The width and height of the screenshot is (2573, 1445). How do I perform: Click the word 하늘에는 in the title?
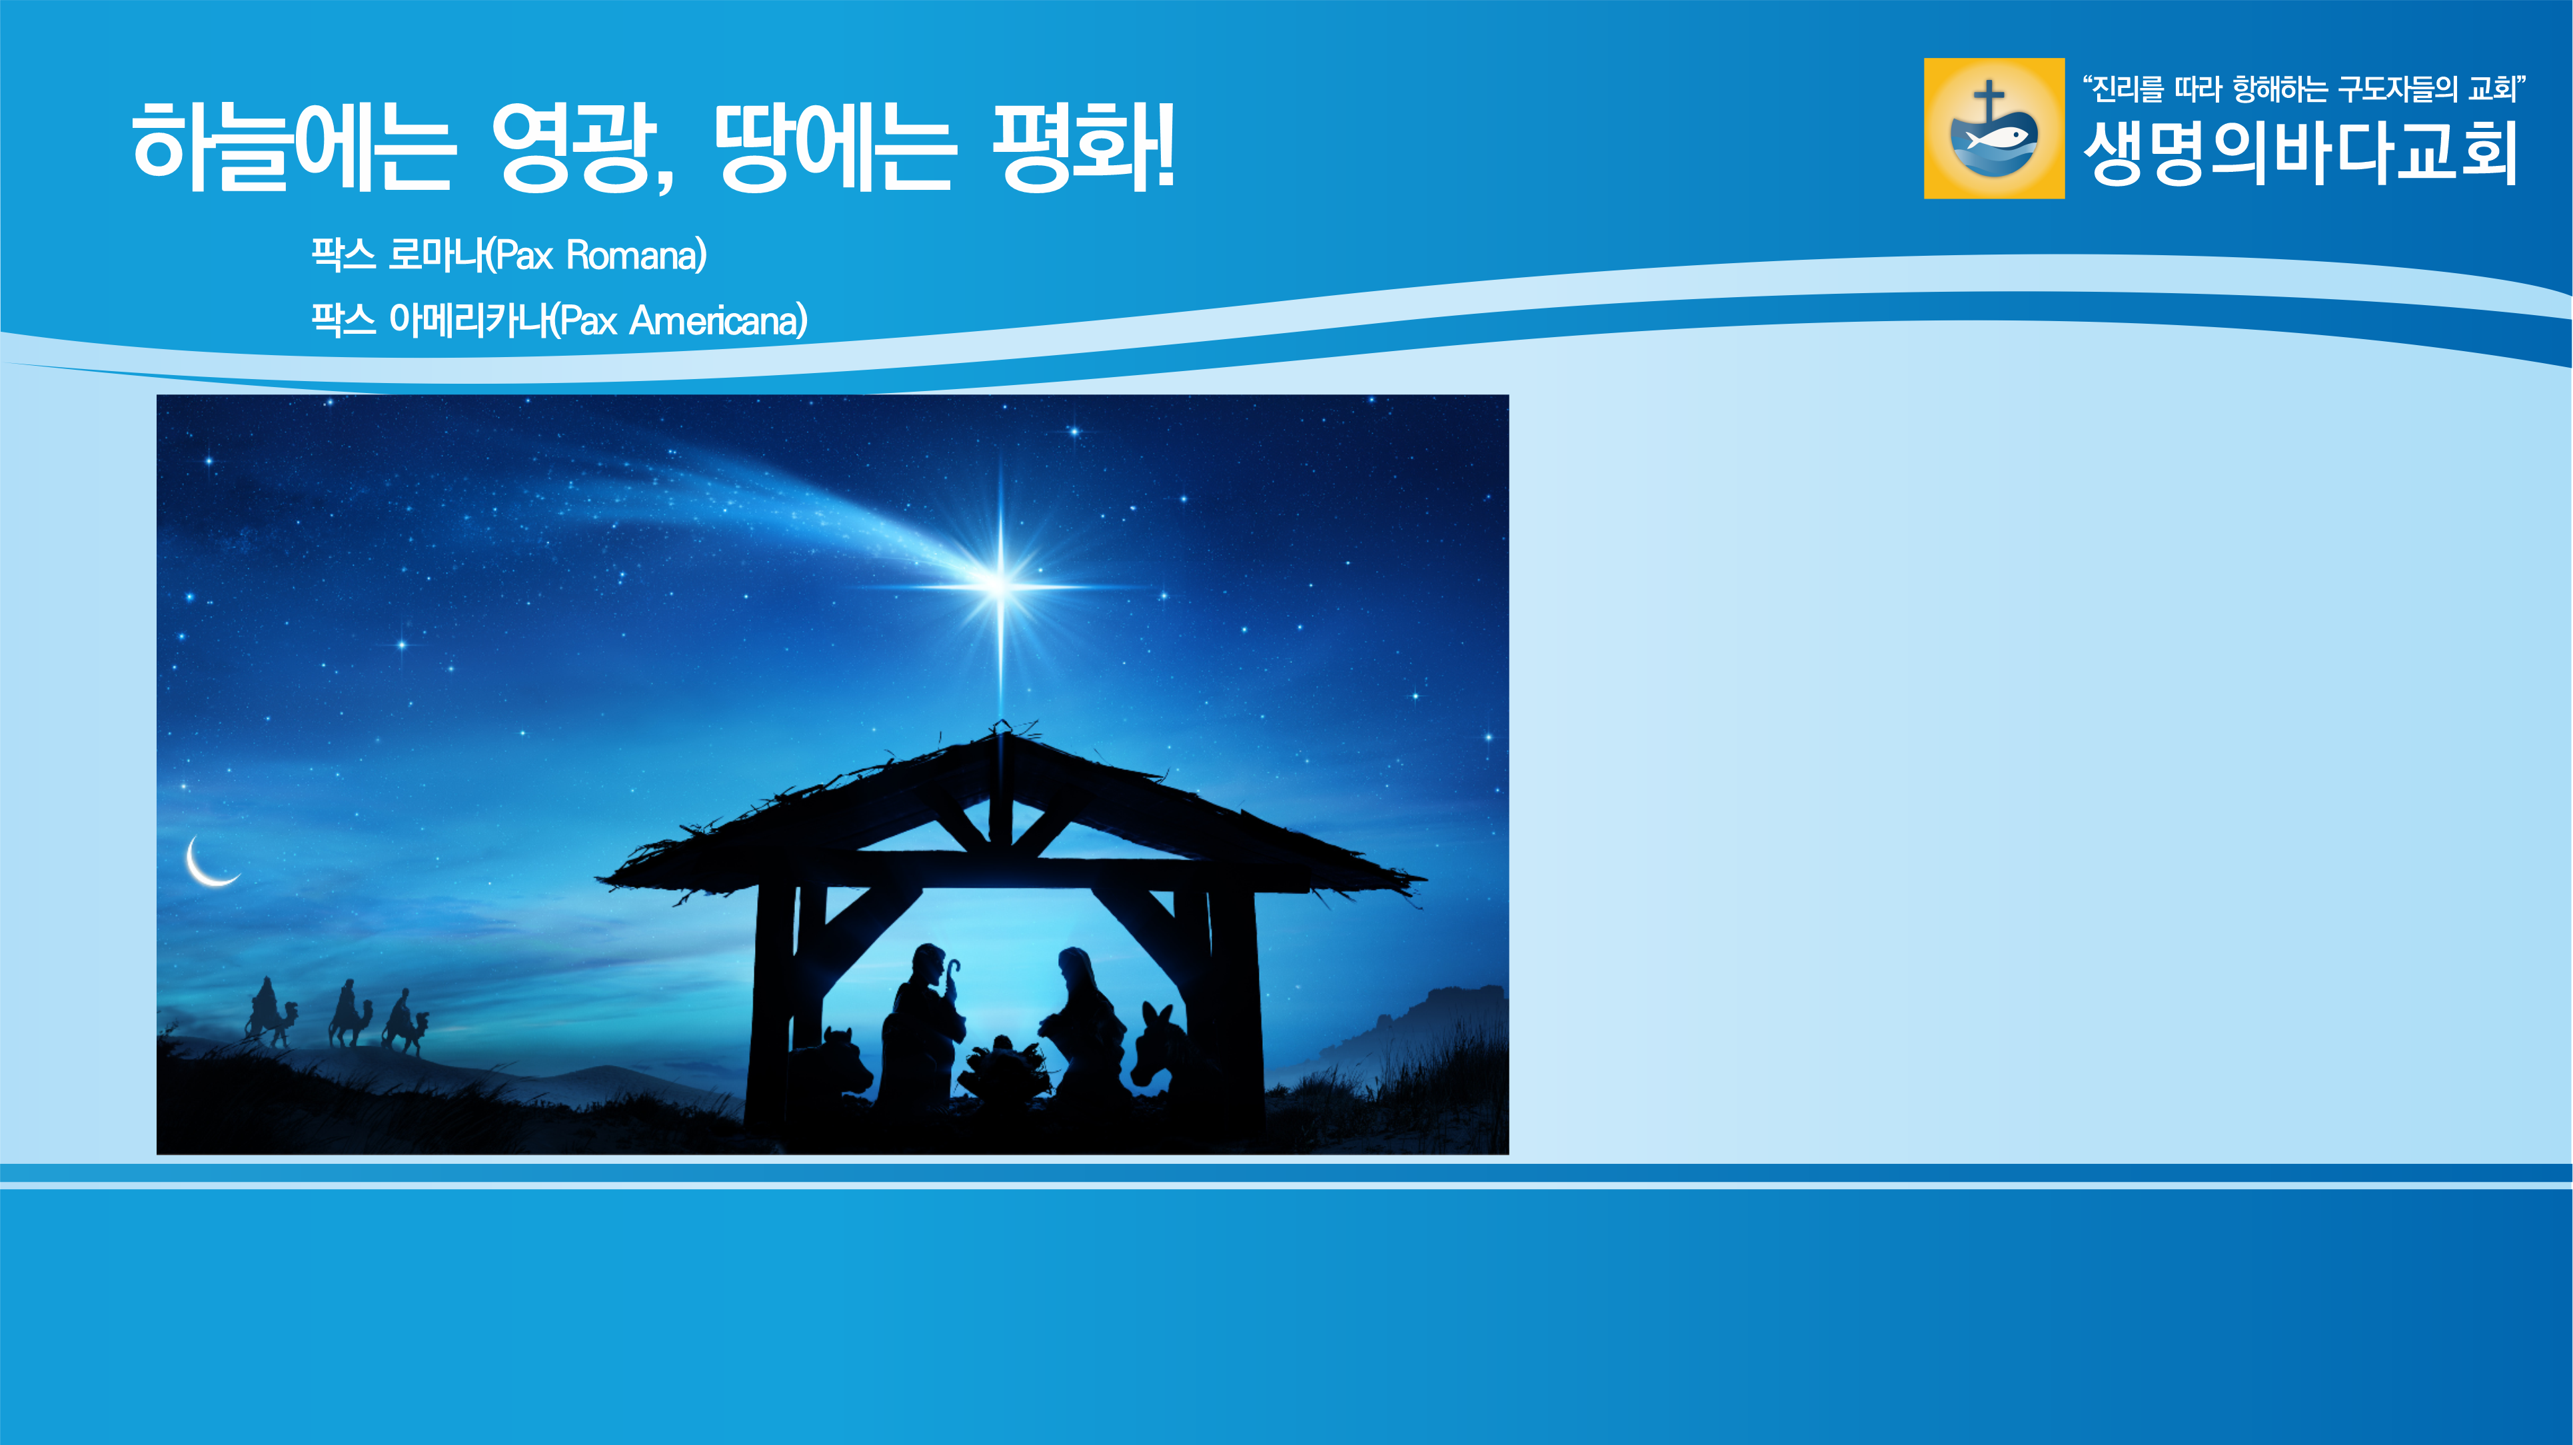tap(294, 146)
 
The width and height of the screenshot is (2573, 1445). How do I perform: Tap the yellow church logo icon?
tap(1994, 128)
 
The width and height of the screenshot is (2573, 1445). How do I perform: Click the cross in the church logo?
tap(1989, 102)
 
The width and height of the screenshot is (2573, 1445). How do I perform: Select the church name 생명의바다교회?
tap(2299, 153)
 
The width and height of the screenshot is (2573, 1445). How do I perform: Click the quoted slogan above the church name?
tap(2303, 89)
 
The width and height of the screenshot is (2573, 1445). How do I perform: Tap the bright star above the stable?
tap(1000, 583)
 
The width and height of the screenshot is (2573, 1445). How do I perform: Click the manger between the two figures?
tap(1004, 1069)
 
